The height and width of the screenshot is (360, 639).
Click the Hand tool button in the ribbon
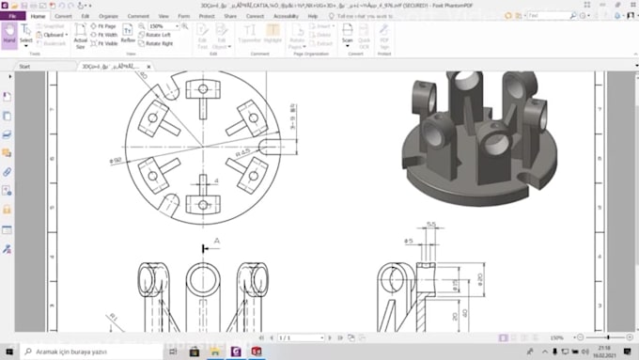[9, 35]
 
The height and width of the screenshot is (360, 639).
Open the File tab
[11, 16]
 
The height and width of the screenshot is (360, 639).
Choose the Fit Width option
[105, 35]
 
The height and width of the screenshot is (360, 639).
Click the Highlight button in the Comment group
[273, 36]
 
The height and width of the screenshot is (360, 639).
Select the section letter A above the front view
[216, 242]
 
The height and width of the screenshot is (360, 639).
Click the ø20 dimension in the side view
[478, 280]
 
